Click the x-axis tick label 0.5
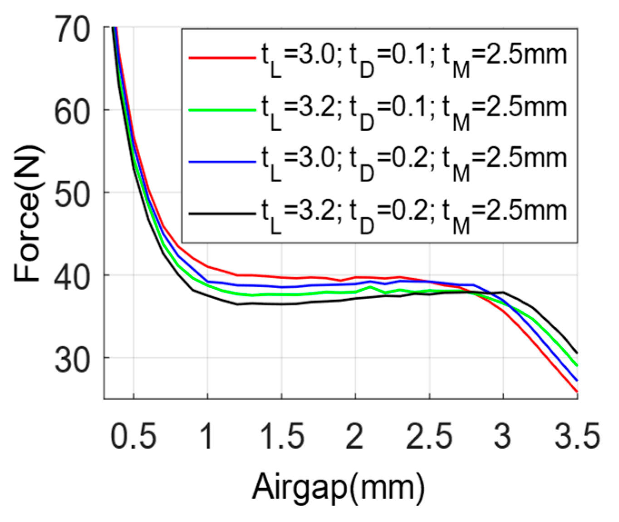[133, 436]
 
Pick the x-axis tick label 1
[207, 436]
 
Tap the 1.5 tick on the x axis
[281, 436]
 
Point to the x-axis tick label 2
[355, 436]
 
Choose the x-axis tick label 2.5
[429, 436]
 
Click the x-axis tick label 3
[503, 436]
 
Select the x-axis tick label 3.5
[577, 436]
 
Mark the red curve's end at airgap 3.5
[576, 391]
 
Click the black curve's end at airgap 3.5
[576, 352]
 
